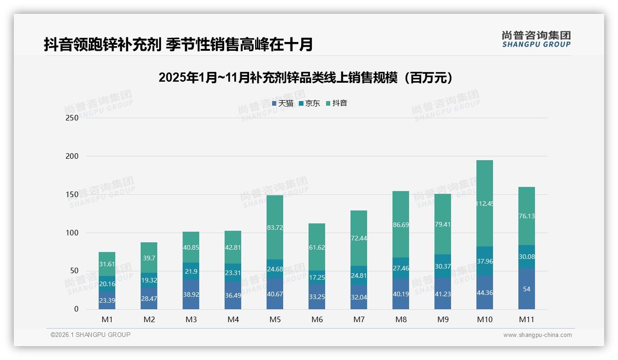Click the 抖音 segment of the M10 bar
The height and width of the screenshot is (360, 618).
tap(484, 203)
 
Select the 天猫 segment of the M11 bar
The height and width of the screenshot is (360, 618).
tap(526, 289)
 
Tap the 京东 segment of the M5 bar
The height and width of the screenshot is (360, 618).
tap(274, 269)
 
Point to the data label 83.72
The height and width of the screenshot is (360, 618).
tap(274, 227)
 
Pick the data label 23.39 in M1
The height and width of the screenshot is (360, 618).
tap(107, 300)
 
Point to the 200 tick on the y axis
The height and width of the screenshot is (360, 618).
tap(72, 156)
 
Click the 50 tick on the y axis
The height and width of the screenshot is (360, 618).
tap(74, 271)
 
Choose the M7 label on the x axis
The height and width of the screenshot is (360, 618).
tap(359, 319)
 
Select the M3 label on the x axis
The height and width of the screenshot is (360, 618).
tap(191, 319)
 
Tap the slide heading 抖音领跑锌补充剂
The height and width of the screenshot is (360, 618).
tap(178, 44)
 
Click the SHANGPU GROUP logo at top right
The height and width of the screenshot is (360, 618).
tap(536, 39)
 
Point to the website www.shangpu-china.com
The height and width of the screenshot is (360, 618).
tap(537, 335)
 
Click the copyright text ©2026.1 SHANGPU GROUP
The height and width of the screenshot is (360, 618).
tap(90, 335)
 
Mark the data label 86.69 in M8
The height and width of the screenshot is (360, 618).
tap(400, 225)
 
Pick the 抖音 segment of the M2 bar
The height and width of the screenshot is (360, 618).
tap(149, 258)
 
